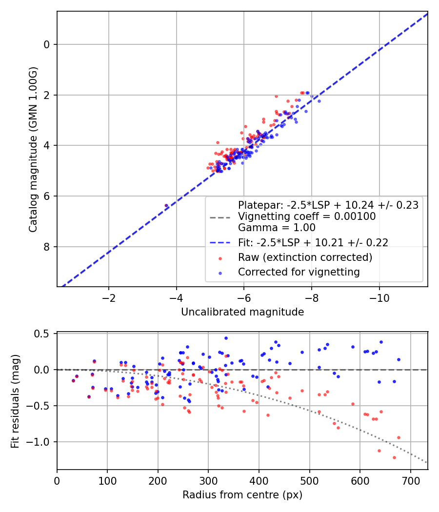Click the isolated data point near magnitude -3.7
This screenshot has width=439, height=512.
[x=166, y=206]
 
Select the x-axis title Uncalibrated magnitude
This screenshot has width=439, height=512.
[x=242, y=312]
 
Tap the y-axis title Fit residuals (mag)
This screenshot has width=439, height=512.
[x=15, y=401]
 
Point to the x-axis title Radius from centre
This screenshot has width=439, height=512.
[x=242, y=495]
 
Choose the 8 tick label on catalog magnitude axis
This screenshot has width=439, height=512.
[x=47, y=247]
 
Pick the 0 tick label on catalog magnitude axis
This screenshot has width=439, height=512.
[x=47, y=44]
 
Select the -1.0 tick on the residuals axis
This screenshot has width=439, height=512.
[x=41, y=442]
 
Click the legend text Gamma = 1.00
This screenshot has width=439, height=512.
[x=277, y=228]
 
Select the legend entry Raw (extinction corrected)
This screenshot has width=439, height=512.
[x=305, y=257]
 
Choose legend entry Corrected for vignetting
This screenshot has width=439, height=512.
[x=299, y=272]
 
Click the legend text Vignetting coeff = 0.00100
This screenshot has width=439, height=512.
[x=307, y=217]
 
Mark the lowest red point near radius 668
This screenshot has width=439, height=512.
[x=394, y=457]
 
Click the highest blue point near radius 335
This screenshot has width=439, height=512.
[x=226, y=338]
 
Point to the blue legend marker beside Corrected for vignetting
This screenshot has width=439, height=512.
[x=220, y=273]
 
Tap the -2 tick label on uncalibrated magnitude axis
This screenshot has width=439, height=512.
[x=108, y=298]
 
